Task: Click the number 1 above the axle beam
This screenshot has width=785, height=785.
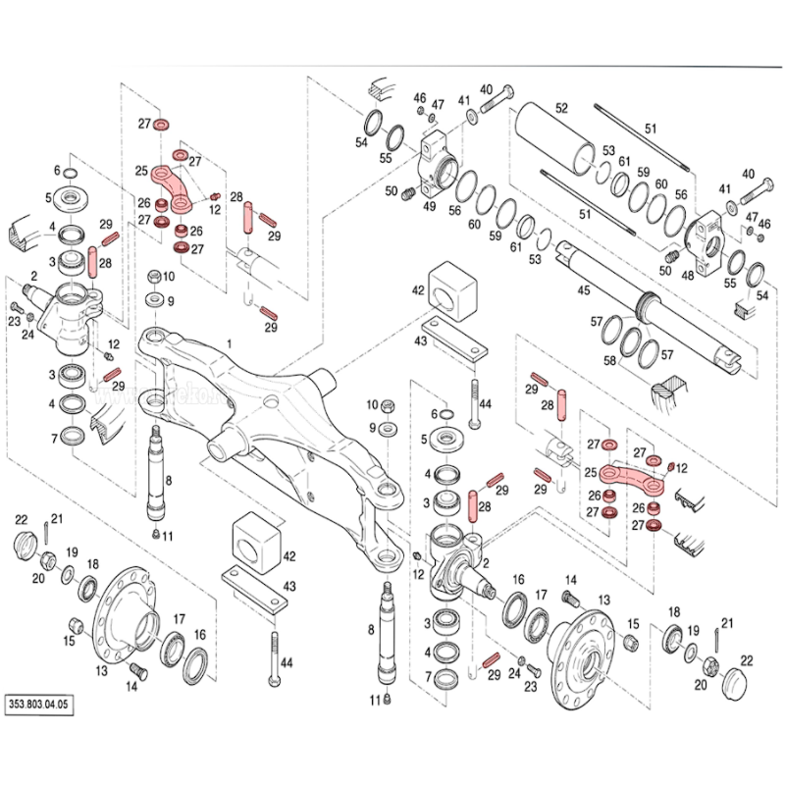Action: pyautogui.click(x=230, y=343)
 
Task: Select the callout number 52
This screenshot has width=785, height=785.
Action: pyautogui.click(x=562, y=108)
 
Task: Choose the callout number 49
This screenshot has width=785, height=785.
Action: pyautogui.click(x=429, y=206)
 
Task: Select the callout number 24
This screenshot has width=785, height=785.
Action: pyautogui.click(x=27, y=336)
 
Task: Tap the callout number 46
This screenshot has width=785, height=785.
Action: pyautogui.click(x=419, y=98)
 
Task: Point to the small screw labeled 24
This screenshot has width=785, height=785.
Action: pyautogui.click(x=31, y=319)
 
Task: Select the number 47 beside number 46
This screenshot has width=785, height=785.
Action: pyautogui.click(x=439, y=104)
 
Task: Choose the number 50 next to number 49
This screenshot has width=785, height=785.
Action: pyautogui.click(x=391, y=190)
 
